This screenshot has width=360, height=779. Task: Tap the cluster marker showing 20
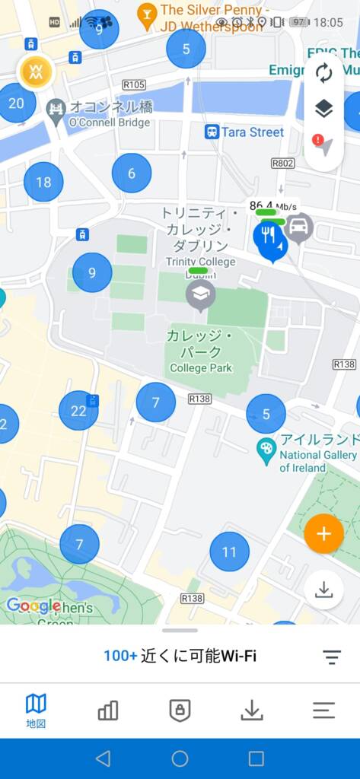(x=16, y=103)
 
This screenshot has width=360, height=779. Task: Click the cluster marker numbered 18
(x=43, y=182)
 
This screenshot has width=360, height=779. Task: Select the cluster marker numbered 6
(x=132, y=173)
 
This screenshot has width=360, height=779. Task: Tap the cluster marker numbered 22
(x=78, y=411)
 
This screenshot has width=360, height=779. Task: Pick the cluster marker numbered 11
(x=229, y=552)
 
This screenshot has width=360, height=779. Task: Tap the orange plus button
(x=323, y=533)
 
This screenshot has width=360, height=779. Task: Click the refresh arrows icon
(x=323, y=74)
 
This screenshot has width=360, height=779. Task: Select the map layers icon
(x=323, y=109)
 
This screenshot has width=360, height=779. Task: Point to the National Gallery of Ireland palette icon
(x=266, y=448)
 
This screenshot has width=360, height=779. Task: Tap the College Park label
(x=201, y=368)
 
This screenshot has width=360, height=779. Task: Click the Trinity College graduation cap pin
(x=200, y=294)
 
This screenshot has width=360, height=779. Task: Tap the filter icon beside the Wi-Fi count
(x=331, y=657)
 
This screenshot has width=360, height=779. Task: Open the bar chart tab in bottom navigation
(x=108, y=711)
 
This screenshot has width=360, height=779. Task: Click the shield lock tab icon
(x=180, y=711)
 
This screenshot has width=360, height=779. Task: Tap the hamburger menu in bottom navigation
(x=323, y=711)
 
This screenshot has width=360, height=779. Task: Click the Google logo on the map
(x=33, y=606)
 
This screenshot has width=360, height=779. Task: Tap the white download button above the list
(x=323, y=590)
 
